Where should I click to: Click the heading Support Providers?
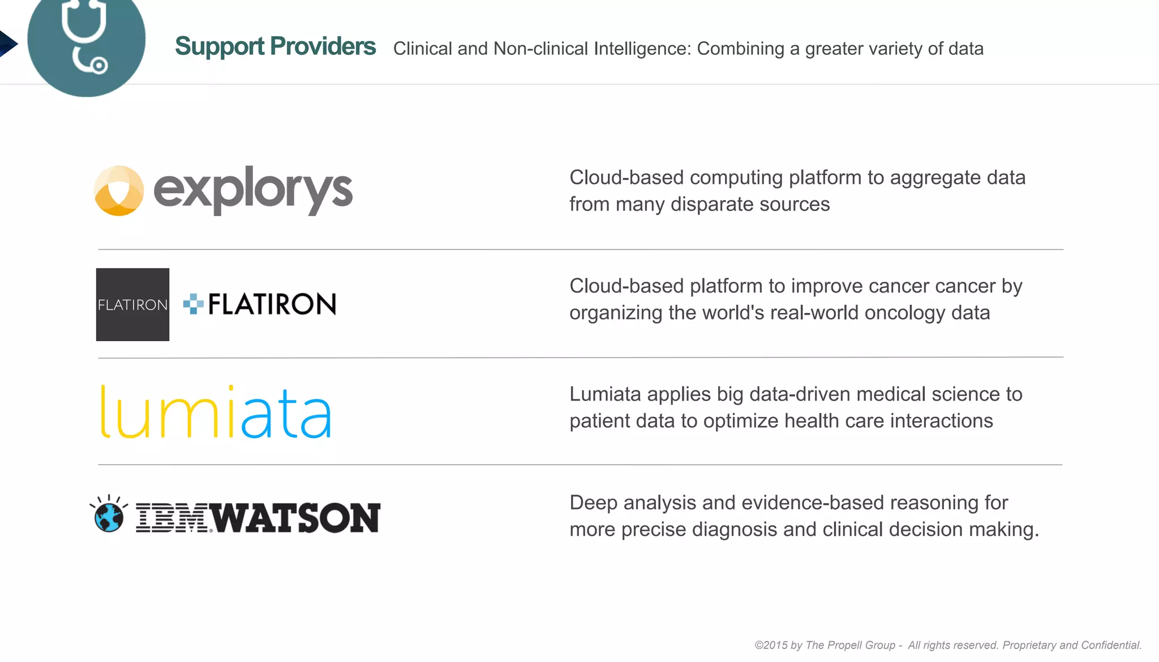pyautogui.click(x=275, y=46)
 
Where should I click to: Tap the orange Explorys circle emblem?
pyautogui.click(x=119, y=191)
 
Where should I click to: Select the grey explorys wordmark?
pyautogui.click(x=253, y=191)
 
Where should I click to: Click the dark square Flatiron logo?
pyautogui.click(x=132, y=304)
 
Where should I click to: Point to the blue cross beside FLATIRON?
pyautogui.click(x=193, y=304)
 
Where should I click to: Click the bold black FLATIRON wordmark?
pyautogui.click(x=272, y=304)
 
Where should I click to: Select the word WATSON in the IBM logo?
pyautogui.click(x=298, y=518)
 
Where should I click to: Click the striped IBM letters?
pyautogui.click(x=172, y=518)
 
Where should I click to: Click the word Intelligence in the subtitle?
pyautogui.click(x=642, y=49)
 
